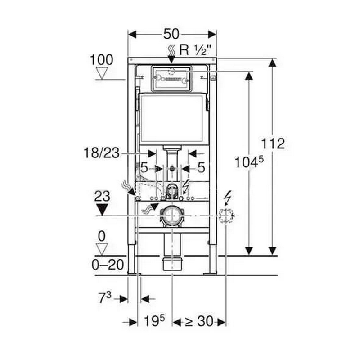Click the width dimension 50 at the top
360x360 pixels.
pos(171,34)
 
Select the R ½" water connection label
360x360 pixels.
pos(195,50)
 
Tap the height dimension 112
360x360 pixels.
pos(273,144)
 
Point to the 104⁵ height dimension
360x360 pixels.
pos(249,162)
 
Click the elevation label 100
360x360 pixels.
pos(102,60)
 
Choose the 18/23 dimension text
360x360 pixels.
pos(102,153)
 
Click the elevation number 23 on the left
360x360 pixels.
pos(102,197)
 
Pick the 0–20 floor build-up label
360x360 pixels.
pos(108,265)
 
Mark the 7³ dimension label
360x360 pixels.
pos(105,298)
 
